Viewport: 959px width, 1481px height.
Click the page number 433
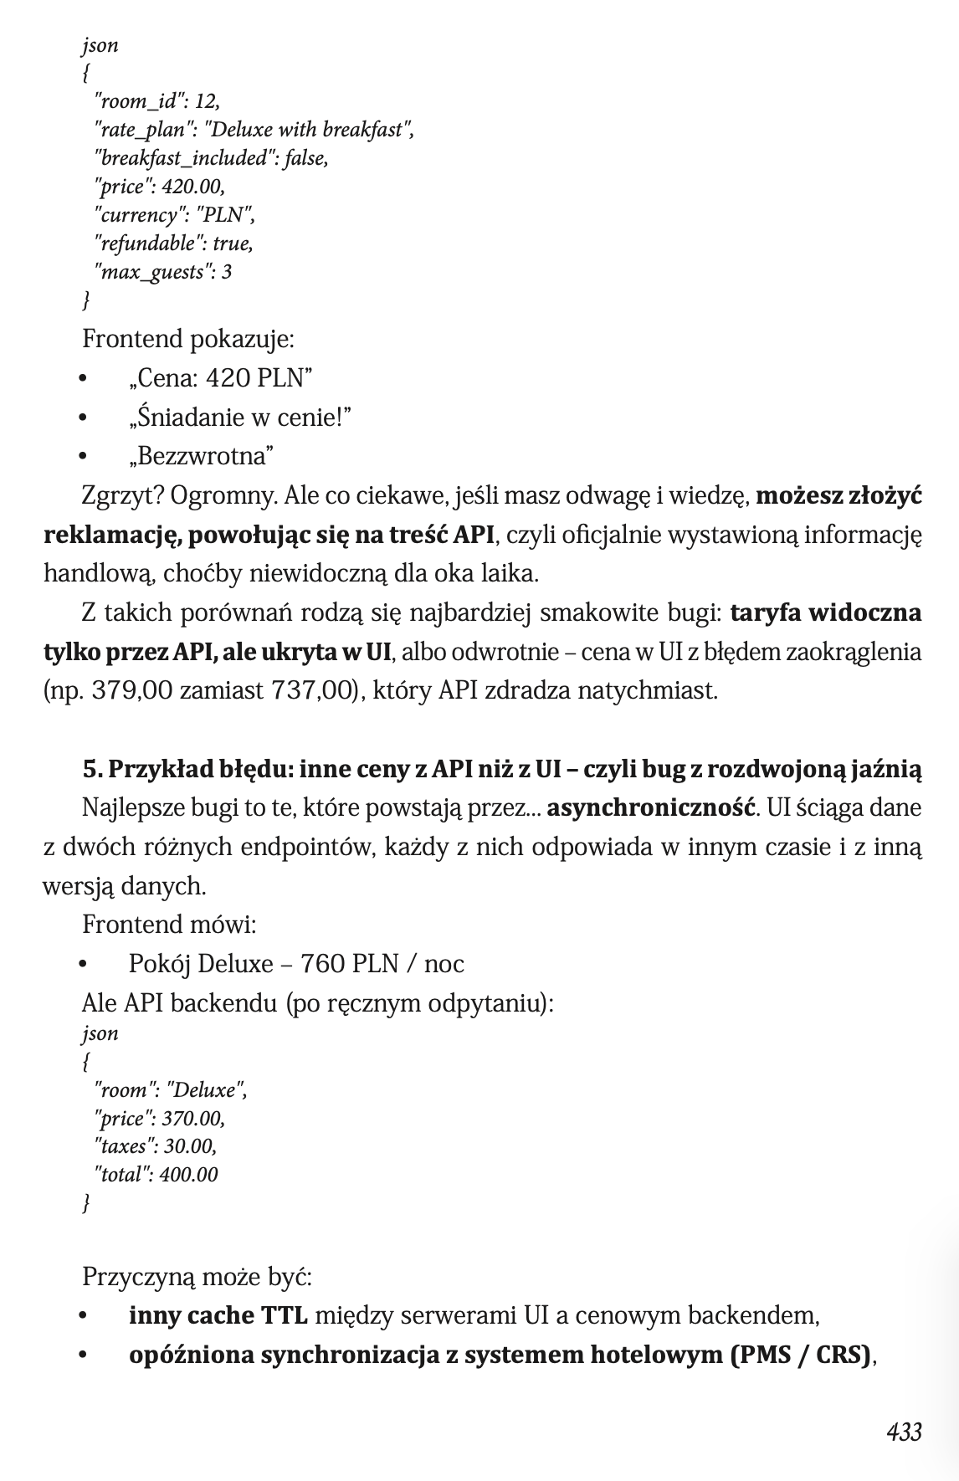[x=904, y=1432]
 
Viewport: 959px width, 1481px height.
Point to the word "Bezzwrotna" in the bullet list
[x=202, y=456]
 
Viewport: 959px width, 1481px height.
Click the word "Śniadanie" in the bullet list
[x=180, y=417]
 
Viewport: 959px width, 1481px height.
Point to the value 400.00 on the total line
[x=188, y=1175]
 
